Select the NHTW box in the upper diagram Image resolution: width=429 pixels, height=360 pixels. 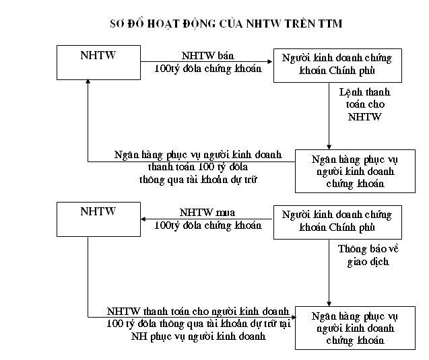tap(98, 63)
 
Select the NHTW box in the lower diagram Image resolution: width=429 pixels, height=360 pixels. tap(98, 219)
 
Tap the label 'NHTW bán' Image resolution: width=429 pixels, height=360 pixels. tap(207, 55)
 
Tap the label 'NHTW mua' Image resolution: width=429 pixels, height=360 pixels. tap(207, 213)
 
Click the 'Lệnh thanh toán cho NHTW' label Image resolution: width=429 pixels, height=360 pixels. tap(365, 104)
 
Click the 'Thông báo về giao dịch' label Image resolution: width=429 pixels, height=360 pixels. tap(368, 255)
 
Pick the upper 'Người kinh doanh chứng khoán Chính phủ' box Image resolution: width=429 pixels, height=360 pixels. tap(337, 65)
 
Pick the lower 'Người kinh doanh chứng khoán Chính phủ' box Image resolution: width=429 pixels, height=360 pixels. tap(337, 222)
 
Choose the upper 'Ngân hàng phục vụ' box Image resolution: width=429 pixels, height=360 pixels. tap(355, 171)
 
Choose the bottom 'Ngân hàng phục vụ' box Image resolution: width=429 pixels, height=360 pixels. tap(355, 328)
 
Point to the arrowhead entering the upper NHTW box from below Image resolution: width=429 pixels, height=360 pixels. tap(88, 81)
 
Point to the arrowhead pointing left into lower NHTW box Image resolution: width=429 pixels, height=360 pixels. tap(143, 219)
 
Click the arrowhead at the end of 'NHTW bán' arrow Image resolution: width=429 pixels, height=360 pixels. tap(270, 62)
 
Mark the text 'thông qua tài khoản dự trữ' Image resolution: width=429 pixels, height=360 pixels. tap(198, 180)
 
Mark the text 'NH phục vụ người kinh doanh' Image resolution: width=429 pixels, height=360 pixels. tap(199, 336)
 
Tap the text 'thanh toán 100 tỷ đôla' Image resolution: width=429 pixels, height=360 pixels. tap(198, 167)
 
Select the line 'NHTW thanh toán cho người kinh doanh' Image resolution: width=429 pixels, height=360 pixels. tap(198, 312)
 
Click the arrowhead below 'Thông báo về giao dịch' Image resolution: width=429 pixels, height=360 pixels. tap(329, 303)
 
